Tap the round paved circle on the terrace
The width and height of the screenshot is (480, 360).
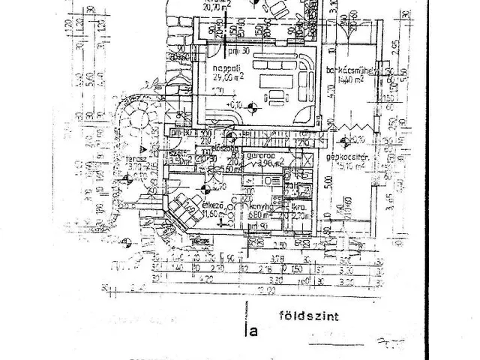(138, 116)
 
